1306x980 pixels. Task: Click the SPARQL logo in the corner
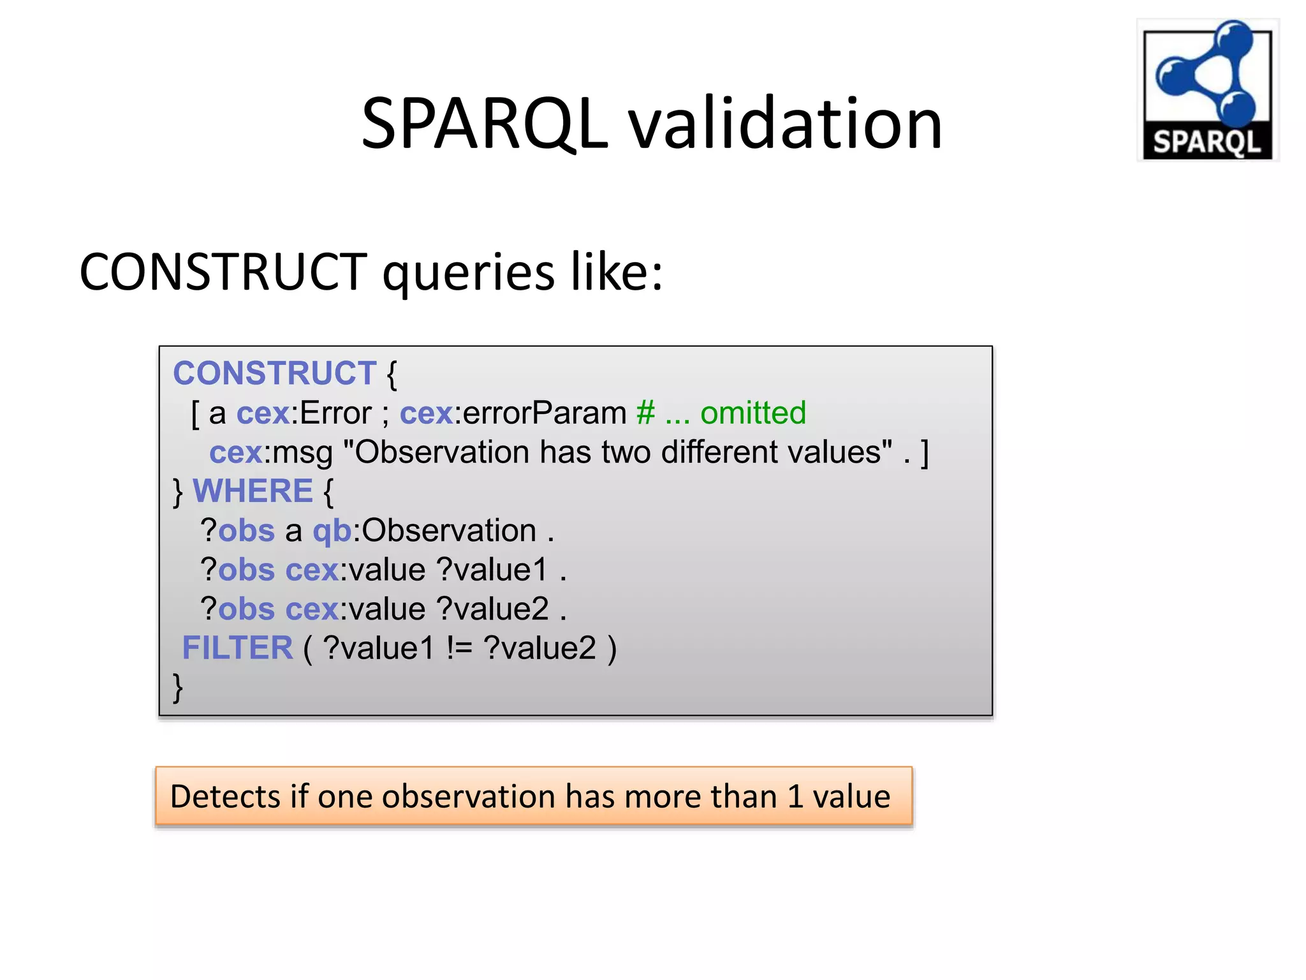pyautogui.click(x=1207, y=90)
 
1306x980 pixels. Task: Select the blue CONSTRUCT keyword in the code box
pyautogui.click(x=274, y=373)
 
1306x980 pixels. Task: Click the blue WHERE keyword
pyautogui.click(x=253, y=491)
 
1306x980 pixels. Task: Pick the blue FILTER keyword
pyautogui.click(x=237, y=648)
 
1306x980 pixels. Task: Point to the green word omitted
pyautogui.click(x=753, y=413)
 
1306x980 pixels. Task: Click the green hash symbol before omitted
pyautogui.click(x=645, y=413)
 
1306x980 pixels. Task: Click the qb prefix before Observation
pyautogui.click(x=332, y=531)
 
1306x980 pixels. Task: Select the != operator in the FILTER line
pyautogui.click(x=459, y=648)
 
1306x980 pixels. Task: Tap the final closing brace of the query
pyautogui.click(x=178, y=688)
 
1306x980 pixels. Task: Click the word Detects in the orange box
pyautogui.click(x=225, y=796)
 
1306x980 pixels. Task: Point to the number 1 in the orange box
pyautogui.click(x=795, y=796)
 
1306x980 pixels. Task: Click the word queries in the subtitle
pyautogui.click(x=468, y=272)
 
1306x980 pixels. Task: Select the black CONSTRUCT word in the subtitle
pyautogui.click(x=223, y=272)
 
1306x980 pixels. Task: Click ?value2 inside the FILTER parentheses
pyautogui.click(x=539, y=648)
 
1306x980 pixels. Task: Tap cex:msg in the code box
pyautogui.click(x=271, y=452)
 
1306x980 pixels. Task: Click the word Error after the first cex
pyautogui.click(x=335, y=413)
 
